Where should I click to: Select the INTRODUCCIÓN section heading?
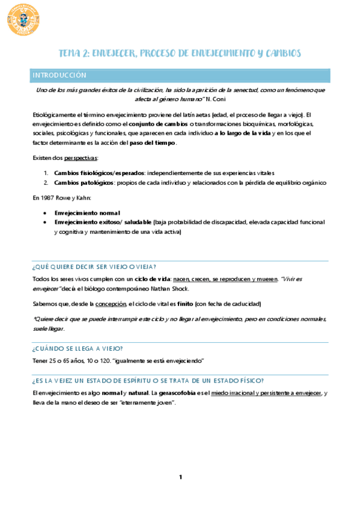pos(59,76)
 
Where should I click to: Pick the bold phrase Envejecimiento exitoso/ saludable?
pos(103,222)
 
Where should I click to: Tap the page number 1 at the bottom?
pos(180,478)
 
